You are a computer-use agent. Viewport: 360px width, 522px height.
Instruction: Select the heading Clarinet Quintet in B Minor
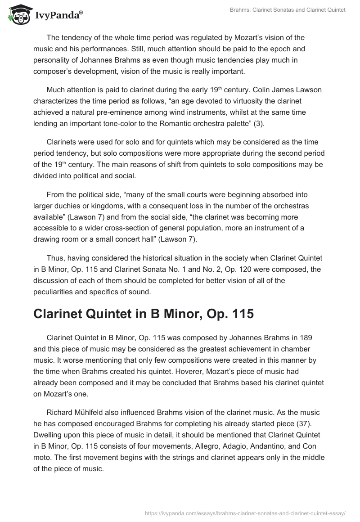[144, 314]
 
